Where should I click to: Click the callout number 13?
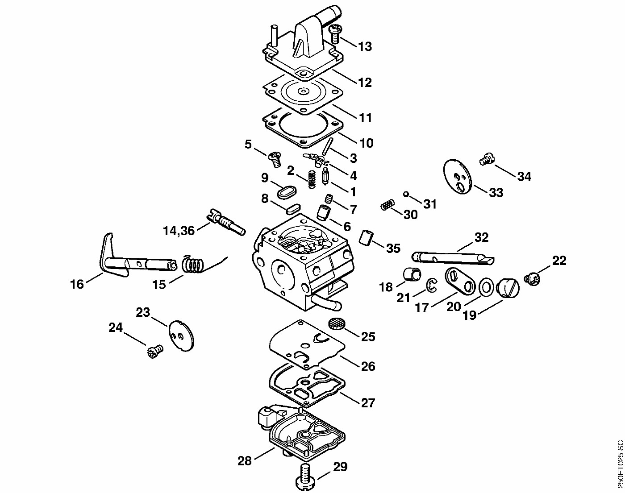(x=365, y=46)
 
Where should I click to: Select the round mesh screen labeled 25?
(x=335, y=323)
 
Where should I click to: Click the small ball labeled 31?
(x=406, y=194)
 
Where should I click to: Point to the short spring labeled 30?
(x=387, y=204)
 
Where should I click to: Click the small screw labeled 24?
(x=155, y=351)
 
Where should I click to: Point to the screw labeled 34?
(x=487, y=159)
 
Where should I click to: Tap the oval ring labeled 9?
(x=287, y=192)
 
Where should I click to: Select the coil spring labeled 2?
(x=312, y=179)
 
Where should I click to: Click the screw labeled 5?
(x=275, y=159)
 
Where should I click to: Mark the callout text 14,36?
(x=179, y=231)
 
